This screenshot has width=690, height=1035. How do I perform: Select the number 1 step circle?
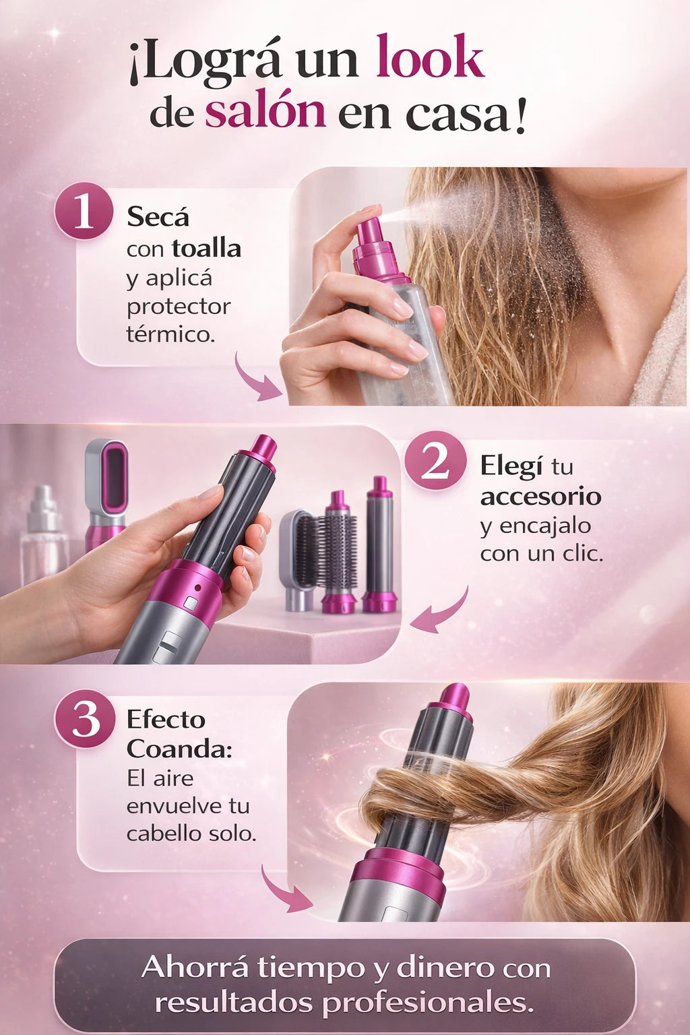[84, 213]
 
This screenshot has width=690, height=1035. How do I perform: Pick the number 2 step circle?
[435, 461]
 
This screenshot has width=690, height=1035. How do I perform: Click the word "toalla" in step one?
[207, 248]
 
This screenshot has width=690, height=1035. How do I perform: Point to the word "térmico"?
[170, 334]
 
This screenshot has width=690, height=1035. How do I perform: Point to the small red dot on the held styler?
[198, 588]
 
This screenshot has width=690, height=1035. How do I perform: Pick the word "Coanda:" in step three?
[179, 749]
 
